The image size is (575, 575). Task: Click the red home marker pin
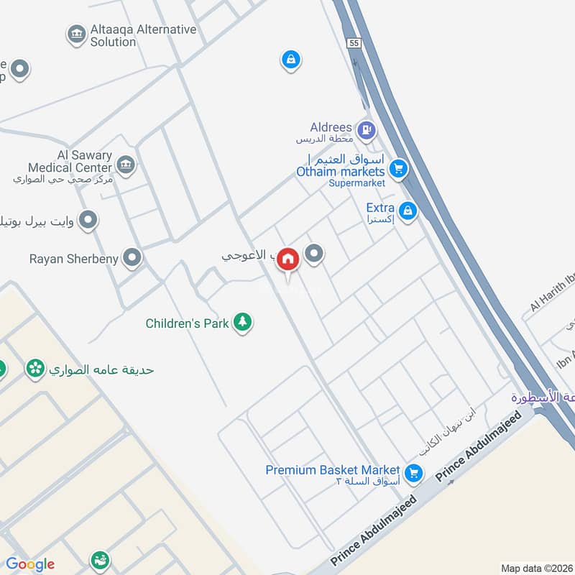pyautogui.click(x=287, y=259)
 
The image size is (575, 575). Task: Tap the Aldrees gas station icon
pyautogui.click(x=367, y=130)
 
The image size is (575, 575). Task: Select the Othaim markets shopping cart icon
pyautogui.click(x=398, y=170)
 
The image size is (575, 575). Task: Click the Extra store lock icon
pyautogui.click(x=408, y=211)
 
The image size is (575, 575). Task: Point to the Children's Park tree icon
pyautogui.click(x=243, y=323)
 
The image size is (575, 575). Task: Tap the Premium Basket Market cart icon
pyautogui.click(x=413, y=473)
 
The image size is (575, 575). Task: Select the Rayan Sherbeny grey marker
pyautogui.click(x=132, y=258)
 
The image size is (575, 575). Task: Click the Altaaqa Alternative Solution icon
pyautogui.click(x=75, y=34)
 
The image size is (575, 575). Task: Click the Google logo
pyautogui.click(x=30, y=564)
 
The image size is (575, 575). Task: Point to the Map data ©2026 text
pyautogui.click(x=537, y=568)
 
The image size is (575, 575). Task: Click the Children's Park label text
pyautogui.click(x=187, y=323)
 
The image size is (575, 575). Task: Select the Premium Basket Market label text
pyautogui.click(x=332, y=470)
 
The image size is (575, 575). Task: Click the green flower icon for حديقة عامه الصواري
pyautogui.click(x=34, y=369)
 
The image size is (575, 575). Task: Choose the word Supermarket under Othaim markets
pyautogui.click(x=357, y=183)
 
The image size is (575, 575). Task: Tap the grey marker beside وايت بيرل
pyautogui.click(x=88, y=219)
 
